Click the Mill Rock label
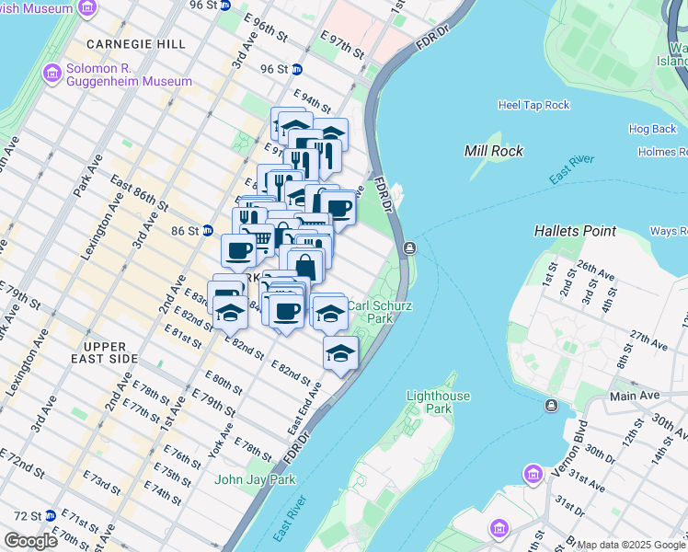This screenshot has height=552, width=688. (494, 151)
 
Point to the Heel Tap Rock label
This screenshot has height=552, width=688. (533, 105)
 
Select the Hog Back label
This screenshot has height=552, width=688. (652, 129)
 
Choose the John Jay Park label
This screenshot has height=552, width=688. (255, 479)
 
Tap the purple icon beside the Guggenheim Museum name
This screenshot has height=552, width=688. (52, 73)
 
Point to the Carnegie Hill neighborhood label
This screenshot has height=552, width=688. (135, 43)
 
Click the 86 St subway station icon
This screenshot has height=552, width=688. (209, 230)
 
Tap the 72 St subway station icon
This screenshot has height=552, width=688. (51, 516)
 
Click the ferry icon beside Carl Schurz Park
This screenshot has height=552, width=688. (409, 248)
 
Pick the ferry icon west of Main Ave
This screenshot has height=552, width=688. (551, 406)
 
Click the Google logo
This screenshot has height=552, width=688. (30, 541)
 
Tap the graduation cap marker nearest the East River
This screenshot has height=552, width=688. (340, 353)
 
